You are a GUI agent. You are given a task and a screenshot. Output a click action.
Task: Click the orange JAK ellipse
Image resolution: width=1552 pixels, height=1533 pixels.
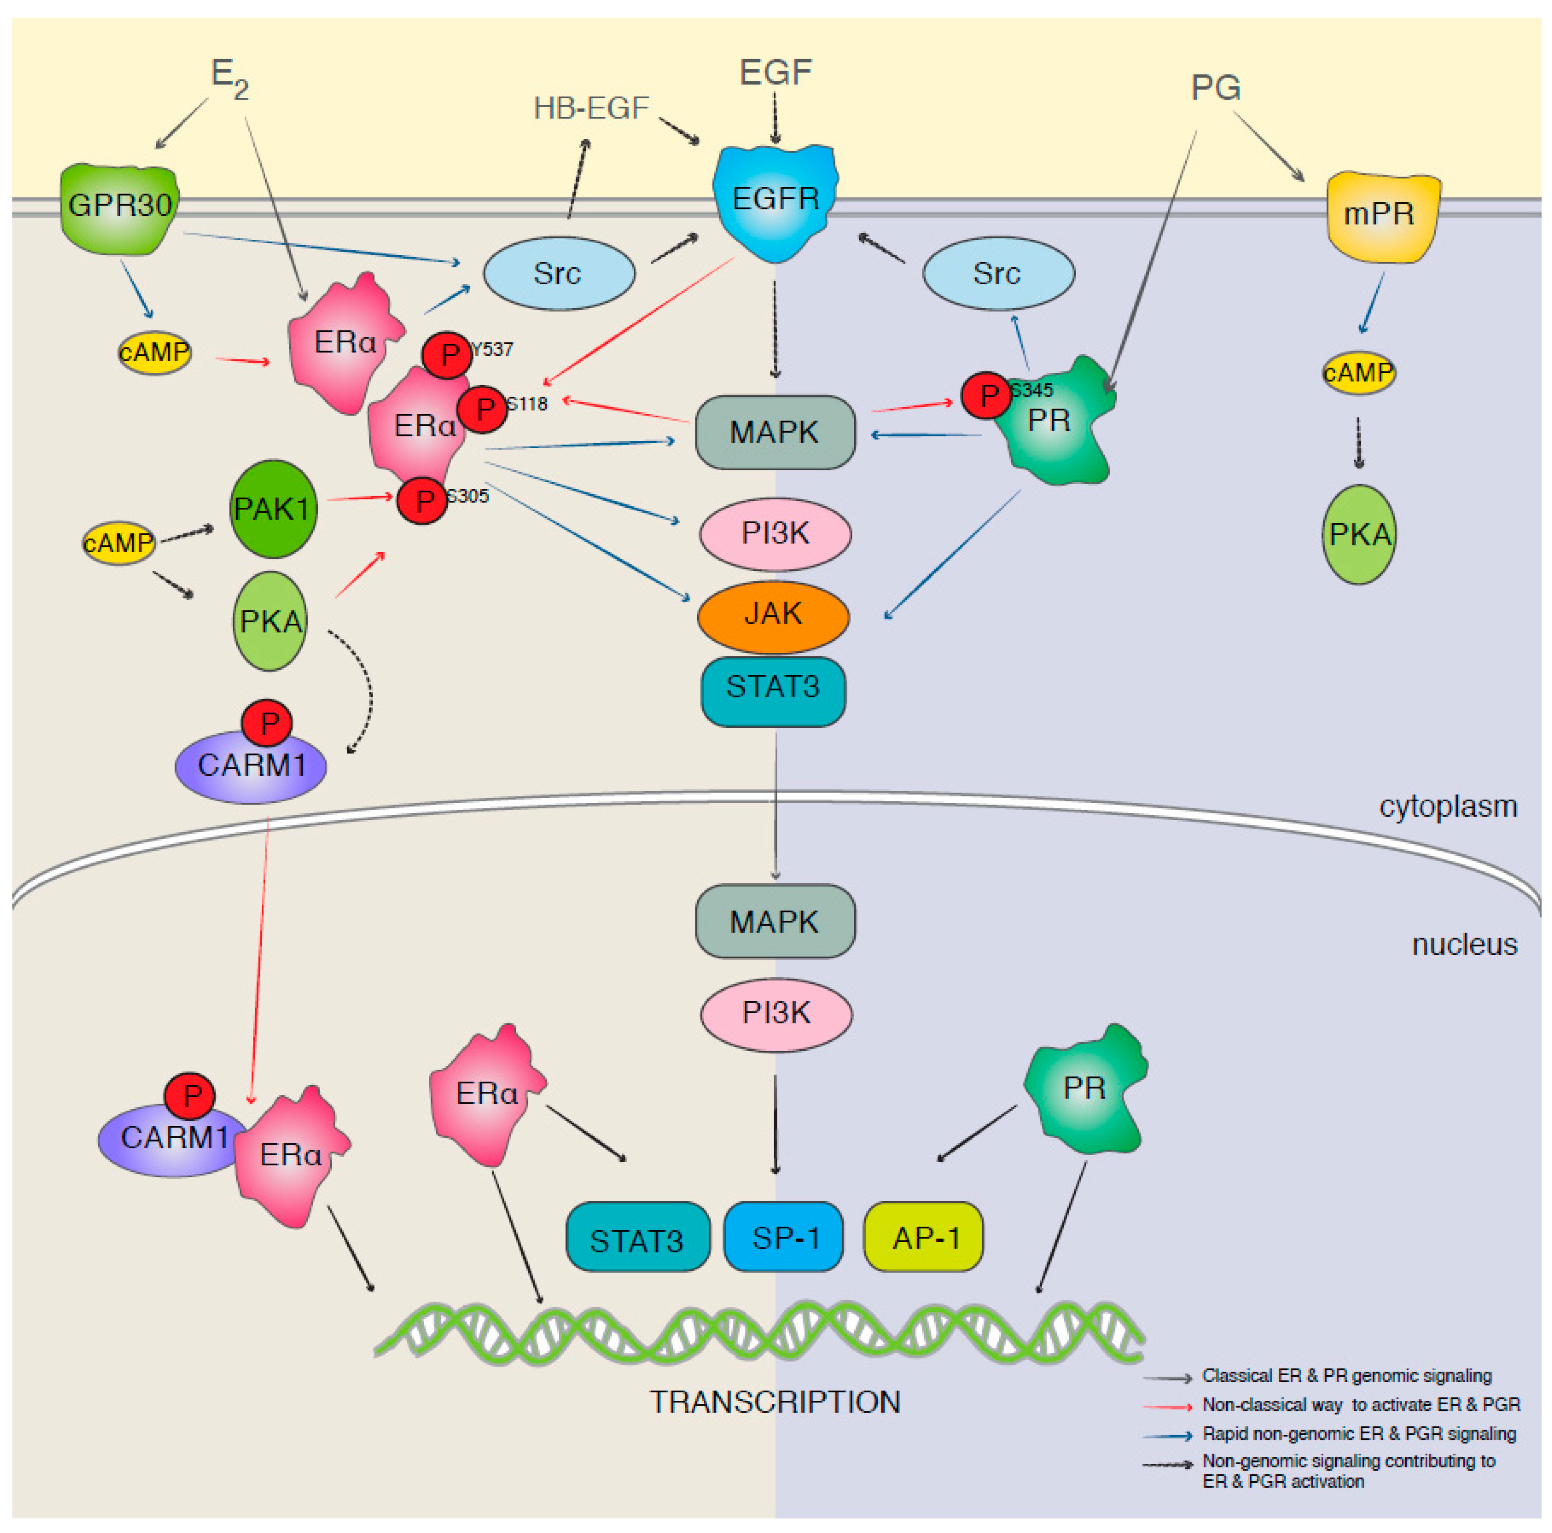click(x=773, y=614)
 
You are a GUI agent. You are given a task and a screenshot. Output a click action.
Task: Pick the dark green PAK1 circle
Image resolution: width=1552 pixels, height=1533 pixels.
click(x=272, y=509)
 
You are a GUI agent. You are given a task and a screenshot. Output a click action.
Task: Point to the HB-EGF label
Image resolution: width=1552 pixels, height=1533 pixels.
click(x=591, y=108)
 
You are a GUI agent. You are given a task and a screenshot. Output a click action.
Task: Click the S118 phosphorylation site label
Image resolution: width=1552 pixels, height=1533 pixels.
click(x=527, y=403)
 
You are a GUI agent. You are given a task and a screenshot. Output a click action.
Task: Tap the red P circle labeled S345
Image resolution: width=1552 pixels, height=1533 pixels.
click(x=987, y=395)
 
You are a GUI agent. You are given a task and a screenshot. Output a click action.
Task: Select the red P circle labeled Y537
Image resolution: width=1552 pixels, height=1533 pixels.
click(x=447, y=354)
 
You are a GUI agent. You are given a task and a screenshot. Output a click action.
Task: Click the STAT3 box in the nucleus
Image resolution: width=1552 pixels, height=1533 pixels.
click(x=637, y=1240)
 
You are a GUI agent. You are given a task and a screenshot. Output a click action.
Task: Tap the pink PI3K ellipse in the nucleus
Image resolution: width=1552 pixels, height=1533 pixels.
click(x=776, y=1014)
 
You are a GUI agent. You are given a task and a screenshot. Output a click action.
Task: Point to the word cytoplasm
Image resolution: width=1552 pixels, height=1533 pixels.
click(x=1448, y=806)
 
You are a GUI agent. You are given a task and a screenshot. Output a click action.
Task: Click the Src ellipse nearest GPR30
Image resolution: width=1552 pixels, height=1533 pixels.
click(x=558, y=273)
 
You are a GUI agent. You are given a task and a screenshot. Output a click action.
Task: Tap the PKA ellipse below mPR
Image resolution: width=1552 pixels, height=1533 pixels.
click(x=1359, y=534)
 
